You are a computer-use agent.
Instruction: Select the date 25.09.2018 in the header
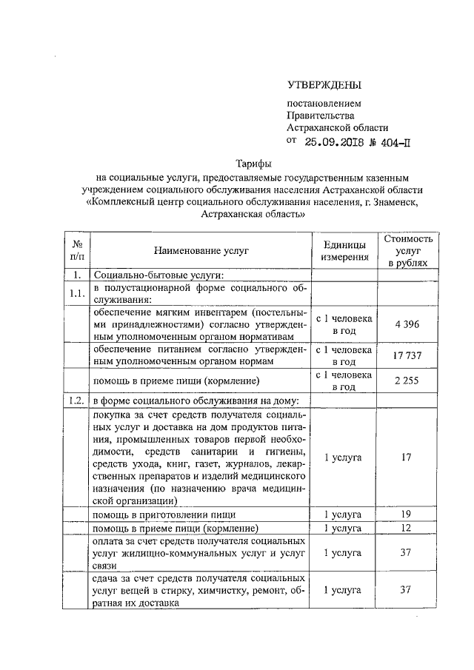(x=338, y=143)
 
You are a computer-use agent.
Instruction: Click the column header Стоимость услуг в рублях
(x=405, y=252)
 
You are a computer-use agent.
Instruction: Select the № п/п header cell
(x=76, y=252)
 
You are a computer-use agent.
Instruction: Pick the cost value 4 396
(x=405, y=324)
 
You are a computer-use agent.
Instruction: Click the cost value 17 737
(x=405, y=356)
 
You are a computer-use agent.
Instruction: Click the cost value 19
(x=405, y=513)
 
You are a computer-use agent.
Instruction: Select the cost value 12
(x=405, y=528)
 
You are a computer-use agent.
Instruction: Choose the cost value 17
(x=405, y=458)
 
